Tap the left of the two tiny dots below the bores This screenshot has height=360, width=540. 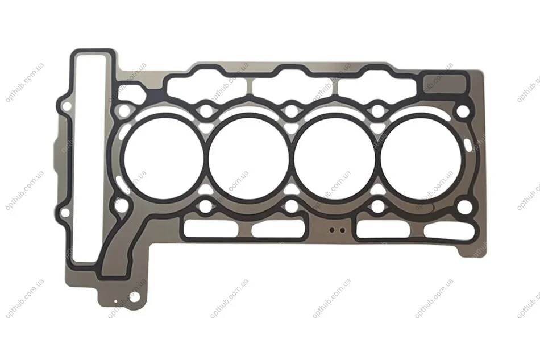(332, 230)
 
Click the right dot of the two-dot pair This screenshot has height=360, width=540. (342, 230)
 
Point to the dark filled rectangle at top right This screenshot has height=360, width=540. (443, 83)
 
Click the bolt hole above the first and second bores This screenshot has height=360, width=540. (206, 110)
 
